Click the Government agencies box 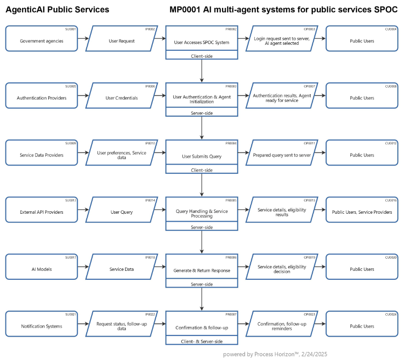(x=41, y=41)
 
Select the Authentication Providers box (x=41, y=98)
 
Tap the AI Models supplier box (x=41, y=269)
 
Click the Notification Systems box (x=41, y=327)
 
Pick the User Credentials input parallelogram (x=122, y=98)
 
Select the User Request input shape (x=122, y=41)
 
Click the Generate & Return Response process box (x=202, y=270)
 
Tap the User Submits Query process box (x=202, y=156)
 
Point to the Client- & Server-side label (x=202, y=341)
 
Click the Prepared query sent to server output (x=282, y=155)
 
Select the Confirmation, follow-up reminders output (x=282, y=327)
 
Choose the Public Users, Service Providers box (x=362, y=212)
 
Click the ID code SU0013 (x=71, y=200)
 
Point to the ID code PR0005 (x=231, y=200)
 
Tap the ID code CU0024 (x=391, y=315)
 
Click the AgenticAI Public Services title (x=58, y=10)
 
